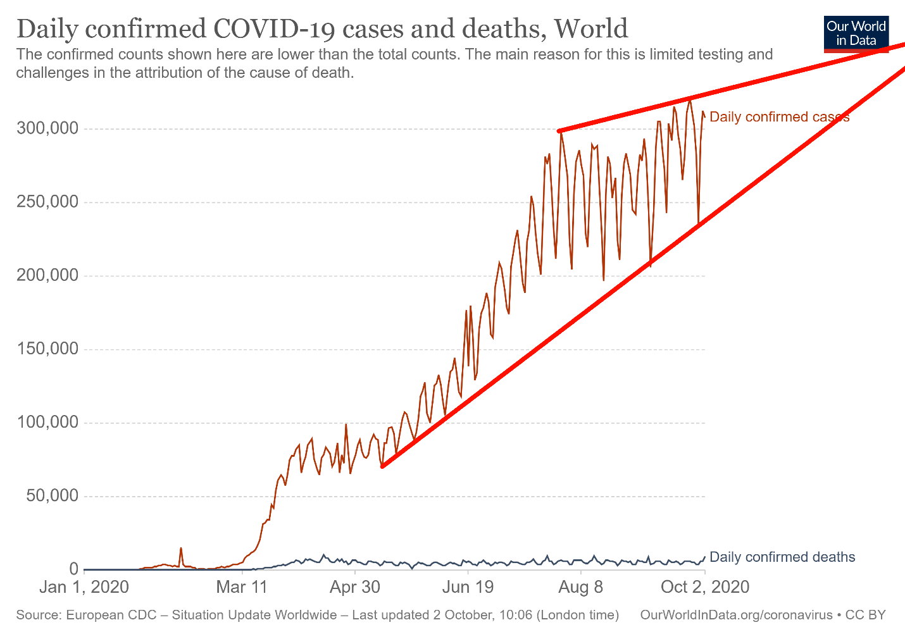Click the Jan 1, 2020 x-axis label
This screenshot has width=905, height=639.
pyautogui.click(x=84, y=587)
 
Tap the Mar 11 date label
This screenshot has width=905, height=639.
pyautogui.click(x=242, y=587)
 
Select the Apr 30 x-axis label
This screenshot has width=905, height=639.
pyautogui.click(x=355, y=587)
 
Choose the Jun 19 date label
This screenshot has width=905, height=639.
pyautogui.click(x=468, y=587)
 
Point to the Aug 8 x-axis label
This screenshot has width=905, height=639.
pyautogui.click(x=580, y=587)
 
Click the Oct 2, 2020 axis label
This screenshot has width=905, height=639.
pyautogui.click(x=704, y=587)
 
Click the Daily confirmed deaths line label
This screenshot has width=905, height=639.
pyautogui.click(x=782, y=557)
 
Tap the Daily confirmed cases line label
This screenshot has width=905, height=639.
pyautogui.click(x=779, y=117)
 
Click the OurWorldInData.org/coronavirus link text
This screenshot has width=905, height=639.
pyautogui.click(x=736, y=615)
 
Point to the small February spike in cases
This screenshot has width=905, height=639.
pyautogui.click(x=181, y=549)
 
